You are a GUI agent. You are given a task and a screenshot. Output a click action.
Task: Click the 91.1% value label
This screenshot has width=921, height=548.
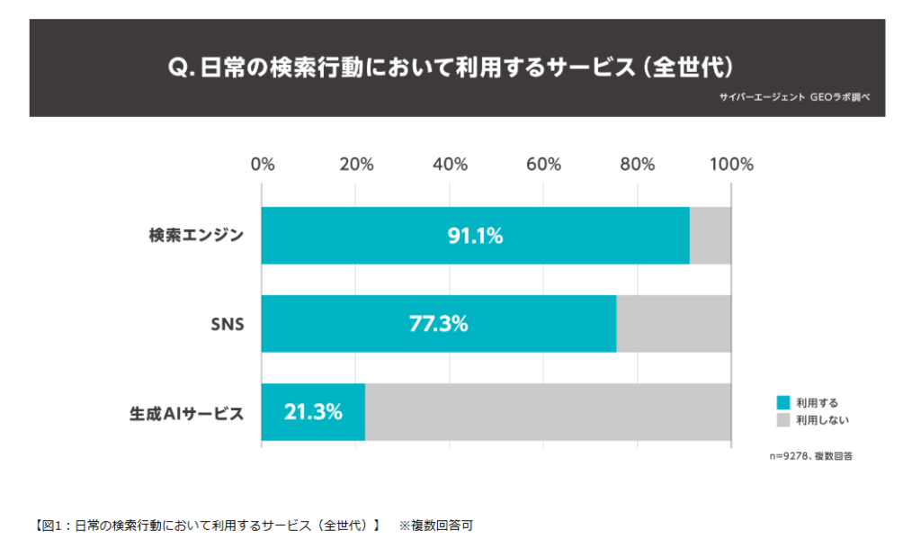coord(475,236)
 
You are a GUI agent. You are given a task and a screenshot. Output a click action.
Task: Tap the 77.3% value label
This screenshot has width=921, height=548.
coord(439,324)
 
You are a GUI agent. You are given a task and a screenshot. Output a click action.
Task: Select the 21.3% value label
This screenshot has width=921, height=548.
coord(313,412)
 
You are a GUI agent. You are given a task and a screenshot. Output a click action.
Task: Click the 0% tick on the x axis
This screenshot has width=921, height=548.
coord(263,165)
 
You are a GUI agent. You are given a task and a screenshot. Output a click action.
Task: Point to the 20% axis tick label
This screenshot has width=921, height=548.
coord(356,165)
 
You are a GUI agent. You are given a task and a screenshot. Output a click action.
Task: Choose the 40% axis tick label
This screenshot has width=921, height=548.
coord(450,165)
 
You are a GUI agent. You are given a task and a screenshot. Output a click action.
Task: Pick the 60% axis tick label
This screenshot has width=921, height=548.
coord(544,165)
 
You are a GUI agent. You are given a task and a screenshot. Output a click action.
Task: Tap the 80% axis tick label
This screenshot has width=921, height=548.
coord(638,165)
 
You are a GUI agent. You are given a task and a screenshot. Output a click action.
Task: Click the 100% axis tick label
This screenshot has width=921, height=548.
coord(731,165)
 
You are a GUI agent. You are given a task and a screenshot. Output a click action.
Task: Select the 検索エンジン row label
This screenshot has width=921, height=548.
coord(196,237)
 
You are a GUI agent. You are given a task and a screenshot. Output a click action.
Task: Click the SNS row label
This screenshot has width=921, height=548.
coord(226,324)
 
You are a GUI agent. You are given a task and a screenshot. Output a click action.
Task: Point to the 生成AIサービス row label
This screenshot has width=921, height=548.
coord(185,413)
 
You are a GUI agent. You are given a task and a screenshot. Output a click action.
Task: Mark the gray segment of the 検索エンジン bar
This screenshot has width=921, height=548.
coord(711,236)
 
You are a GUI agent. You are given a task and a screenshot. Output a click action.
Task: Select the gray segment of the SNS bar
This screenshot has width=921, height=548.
coord(674,324)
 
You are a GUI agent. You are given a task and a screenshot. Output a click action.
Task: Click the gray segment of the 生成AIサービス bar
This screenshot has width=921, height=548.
coord(548,412)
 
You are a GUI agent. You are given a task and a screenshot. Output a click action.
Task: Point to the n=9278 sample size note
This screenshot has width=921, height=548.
coord(810,456)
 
